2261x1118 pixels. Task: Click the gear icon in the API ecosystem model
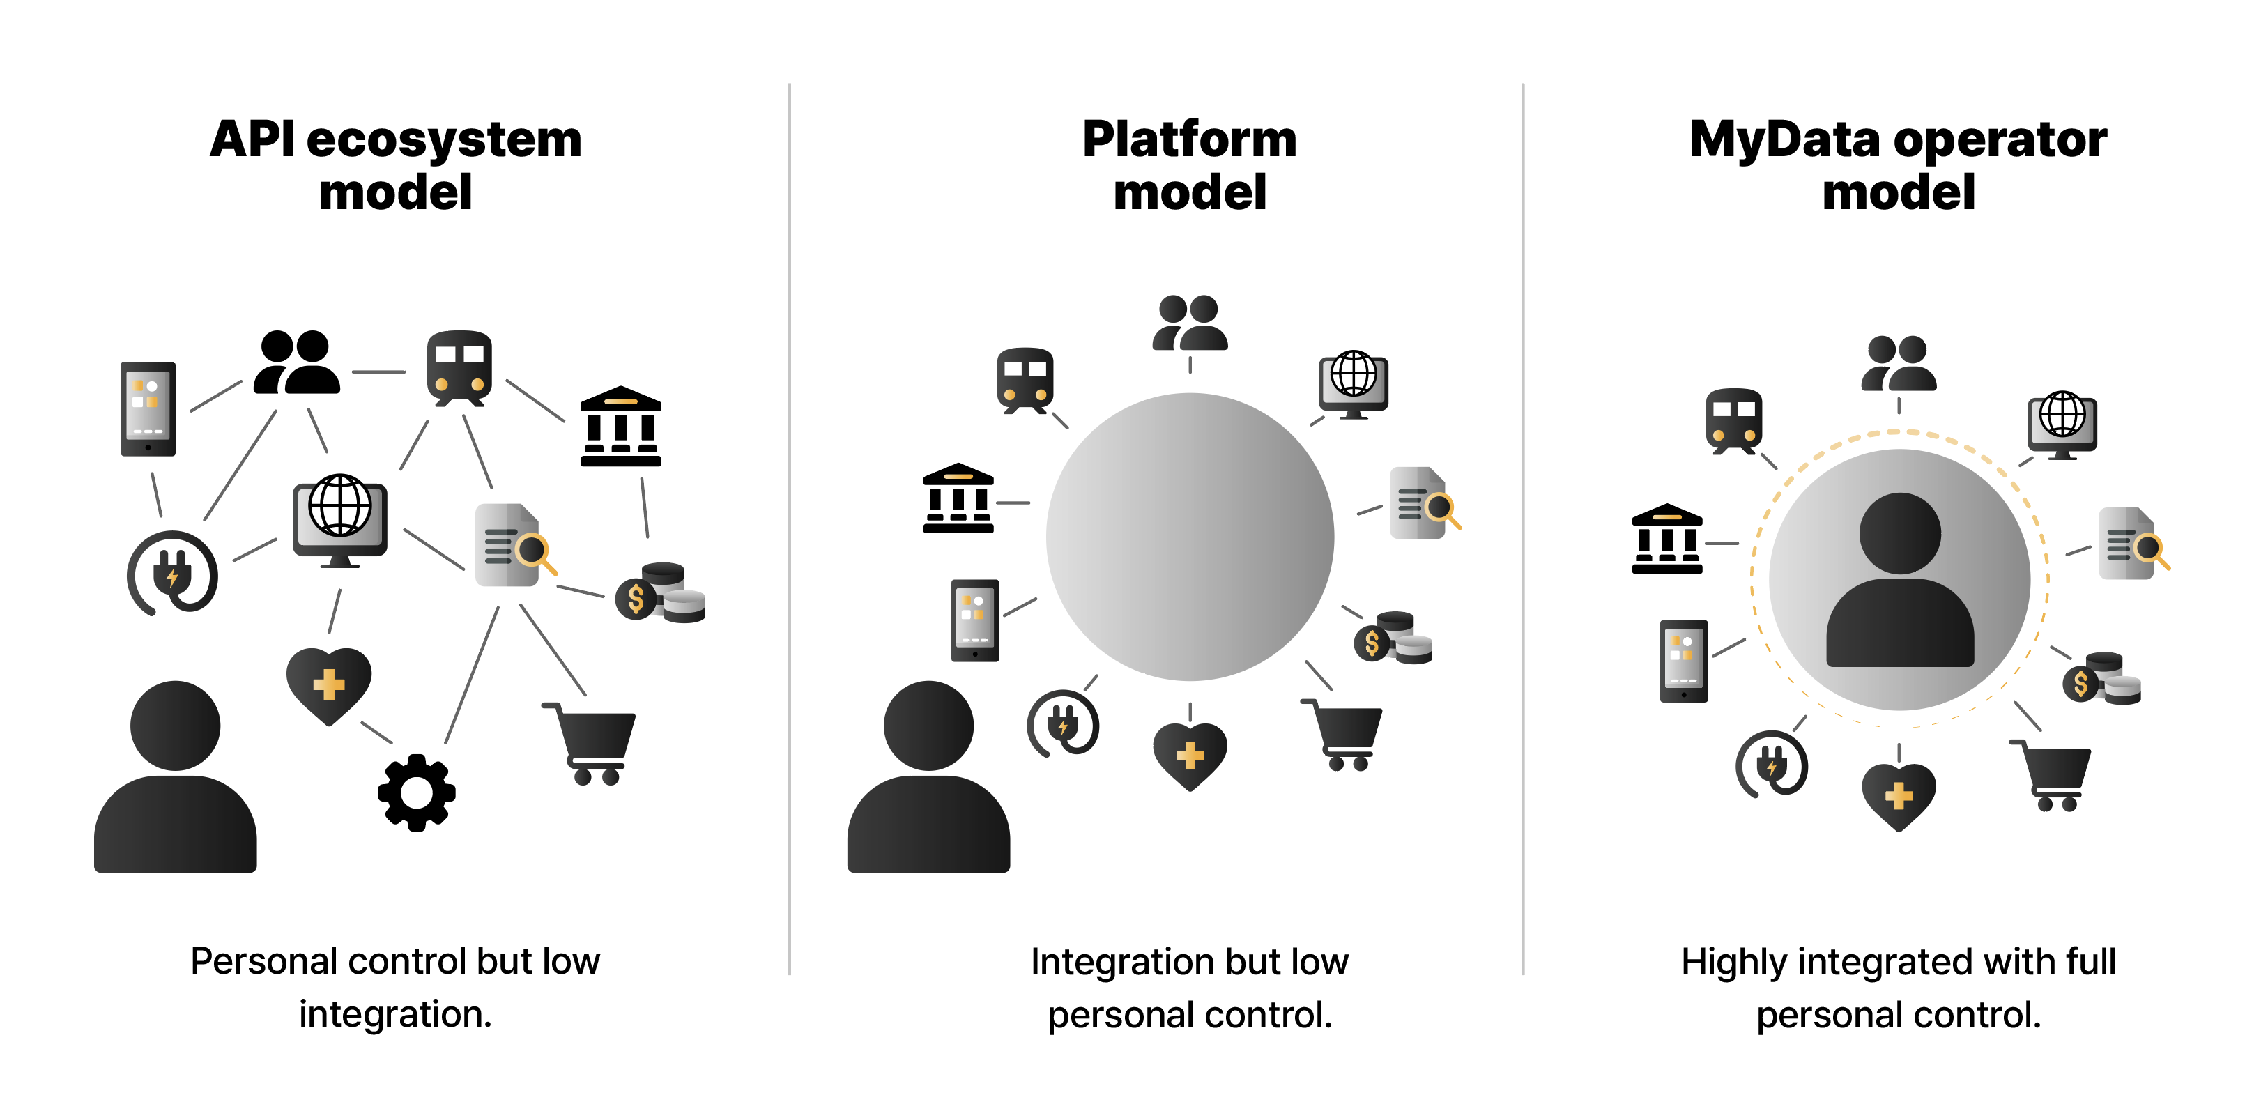pos(416,792)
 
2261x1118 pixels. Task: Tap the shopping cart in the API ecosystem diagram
pos(589,742)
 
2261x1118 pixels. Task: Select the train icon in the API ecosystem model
pos(459,369)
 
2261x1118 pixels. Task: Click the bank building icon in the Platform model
pos(958,498)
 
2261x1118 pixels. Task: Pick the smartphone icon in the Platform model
pos(975,620)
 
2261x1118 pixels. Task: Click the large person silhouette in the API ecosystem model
pos(176,776)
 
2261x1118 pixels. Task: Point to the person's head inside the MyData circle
pos(1899,533)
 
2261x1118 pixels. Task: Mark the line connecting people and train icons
pos(379,372)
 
